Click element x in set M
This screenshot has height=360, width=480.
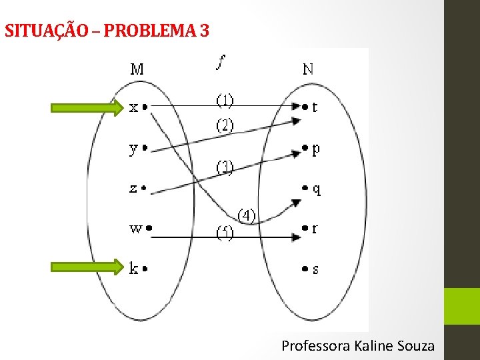pyautogui.click(x=134, y=107)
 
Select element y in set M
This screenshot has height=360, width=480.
pyautogui.click(x=134, y=149)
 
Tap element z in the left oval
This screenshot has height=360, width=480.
pyautogui.click(x=133, y=189)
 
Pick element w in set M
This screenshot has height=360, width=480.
pyautogui.click(x=135, y=228)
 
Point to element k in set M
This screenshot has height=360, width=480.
pyautogui.click(x=134, y=269)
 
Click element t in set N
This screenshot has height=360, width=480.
pyautogui.click(x=314, y=107)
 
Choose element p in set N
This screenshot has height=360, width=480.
pyautogui.click(x=315, y=149)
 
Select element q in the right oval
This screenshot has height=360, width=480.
pyautogui.click(x=315, y=190)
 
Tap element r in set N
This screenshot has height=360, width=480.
pyautogui.click(x=314, y=229)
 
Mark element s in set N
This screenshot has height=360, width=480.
pyautogui.click(x=315, y=269)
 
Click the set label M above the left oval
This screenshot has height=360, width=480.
pyautogui.click(x=137, y=68)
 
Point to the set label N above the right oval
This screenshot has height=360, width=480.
pyautogui.click(x=309, y=68)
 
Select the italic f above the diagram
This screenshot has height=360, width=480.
pyautogui.click(x=221, y=62)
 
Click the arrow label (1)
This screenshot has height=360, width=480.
pyautogui.click(x=225, y=100)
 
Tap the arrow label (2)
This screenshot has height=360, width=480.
pyautogui.click(x=225, y=125)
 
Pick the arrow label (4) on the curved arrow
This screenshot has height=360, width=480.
pyautogui.click(x=247, y=215)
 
